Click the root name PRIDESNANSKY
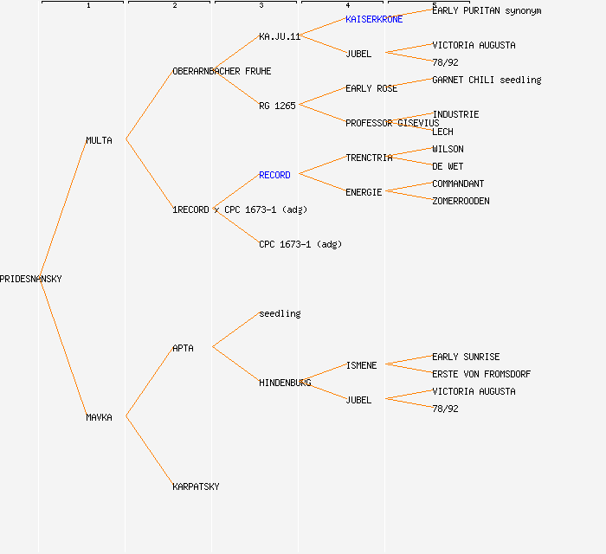[x=31, y=279]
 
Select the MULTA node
[x=99, y=140]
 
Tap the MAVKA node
[x=99, y=417]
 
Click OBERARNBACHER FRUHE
[x=222, y=71]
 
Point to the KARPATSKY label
[x=196, y=486]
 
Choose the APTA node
[x=183, y=348]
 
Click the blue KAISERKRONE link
[x=374, y=19]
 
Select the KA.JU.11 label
[x=280, y=36]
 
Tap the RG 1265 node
[x=277, y=106]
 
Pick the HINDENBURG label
[x=285, y=383]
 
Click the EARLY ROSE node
[x=371, y=88]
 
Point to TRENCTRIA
[x=369, y=158]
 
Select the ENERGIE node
[x=364, y=192]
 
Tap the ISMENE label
[x=361, y=365]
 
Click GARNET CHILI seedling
[x=487, y=80]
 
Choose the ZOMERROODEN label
[x=461, y=201]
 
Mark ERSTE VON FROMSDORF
[x=481, y=374]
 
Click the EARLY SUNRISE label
[x=466, y=357]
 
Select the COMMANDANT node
[x=458, y=184]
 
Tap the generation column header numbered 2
[x=174, y=5]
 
